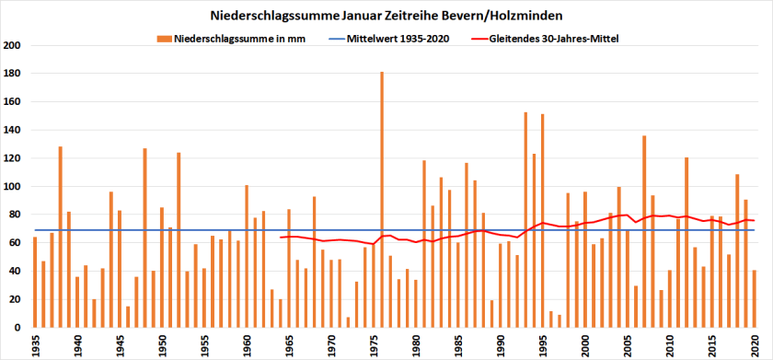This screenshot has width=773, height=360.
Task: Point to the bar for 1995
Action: tap(543, 221)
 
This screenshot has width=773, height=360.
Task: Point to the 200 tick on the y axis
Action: tap(13, 45)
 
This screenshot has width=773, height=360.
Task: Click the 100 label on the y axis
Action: tap(13, 187)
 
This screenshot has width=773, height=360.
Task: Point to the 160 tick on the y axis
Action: tap(13, 102)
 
